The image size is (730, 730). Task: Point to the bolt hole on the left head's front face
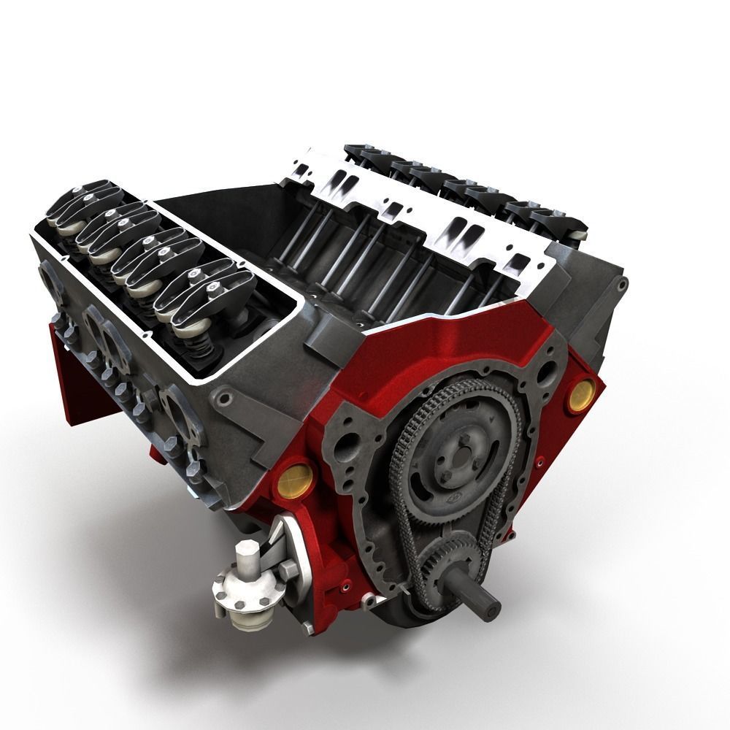click(224, 399)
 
